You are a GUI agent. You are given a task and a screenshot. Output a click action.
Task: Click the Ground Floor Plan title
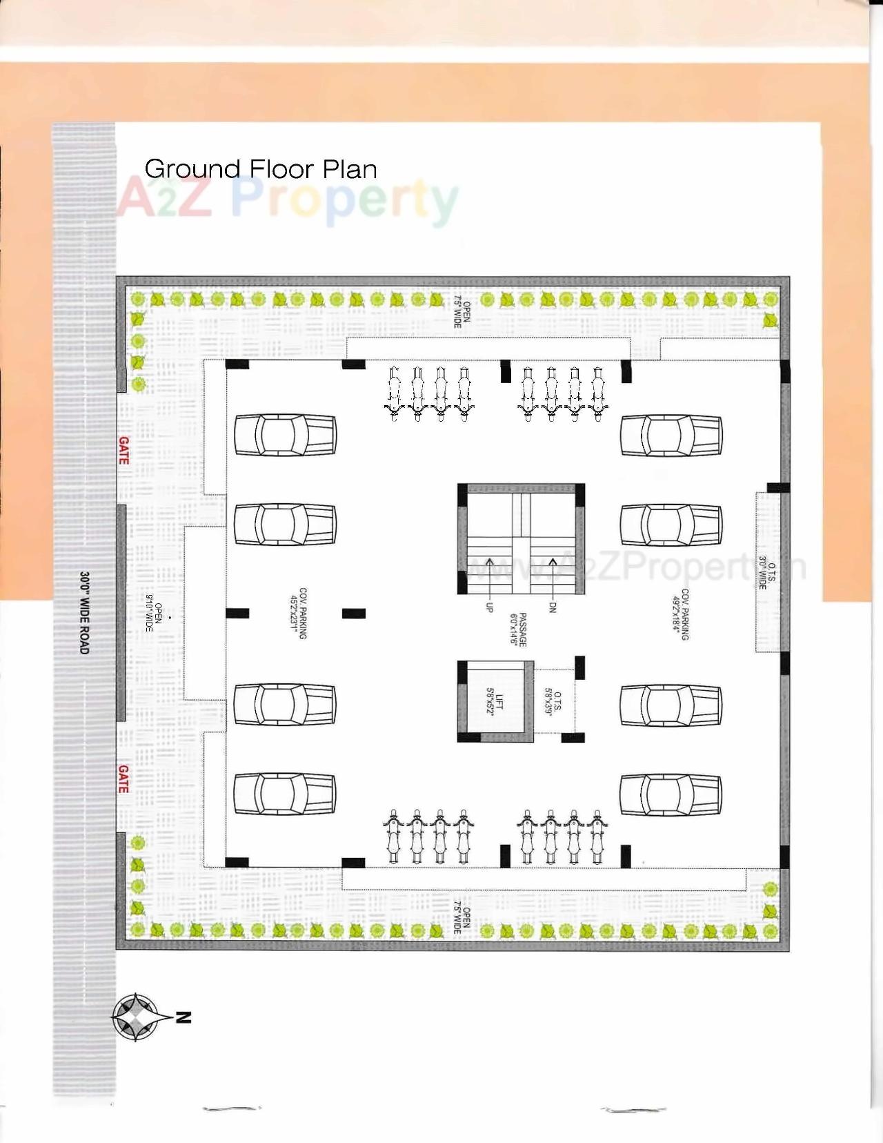click(261, 169)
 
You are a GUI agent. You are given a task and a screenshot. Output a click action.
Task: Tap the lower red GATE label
click(123, 779)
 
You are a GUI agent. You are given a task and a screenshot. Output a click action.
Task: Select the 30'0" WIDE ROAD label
click(84, 612)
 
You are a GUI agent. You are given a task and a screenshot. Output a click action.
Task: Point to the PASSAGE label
click(518, 629)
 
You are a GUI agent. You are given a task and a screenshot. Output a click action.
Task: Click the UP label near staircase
click(490, 607)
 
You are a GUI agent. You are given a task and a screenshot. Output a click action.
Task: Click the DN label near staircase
click(553, 607)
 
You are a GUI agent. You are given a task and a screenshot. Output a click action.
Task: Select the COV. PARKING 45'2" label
click(299, 614)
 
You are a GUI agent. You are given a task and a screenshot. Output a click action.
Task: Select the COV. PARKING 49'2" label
click(680, 614)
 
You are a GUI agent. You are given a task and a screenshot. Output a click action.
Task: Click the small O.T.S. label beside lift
click(553, 701)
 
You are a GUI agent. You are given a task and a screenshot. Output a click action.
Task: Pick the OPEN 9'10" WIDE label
click(153, 613)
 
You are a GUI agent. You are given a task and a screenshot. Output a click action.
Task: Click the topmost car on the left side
click(285, 436)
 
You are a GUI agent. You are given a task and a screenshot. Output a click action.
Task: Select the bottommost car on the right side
click(671, 793)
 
